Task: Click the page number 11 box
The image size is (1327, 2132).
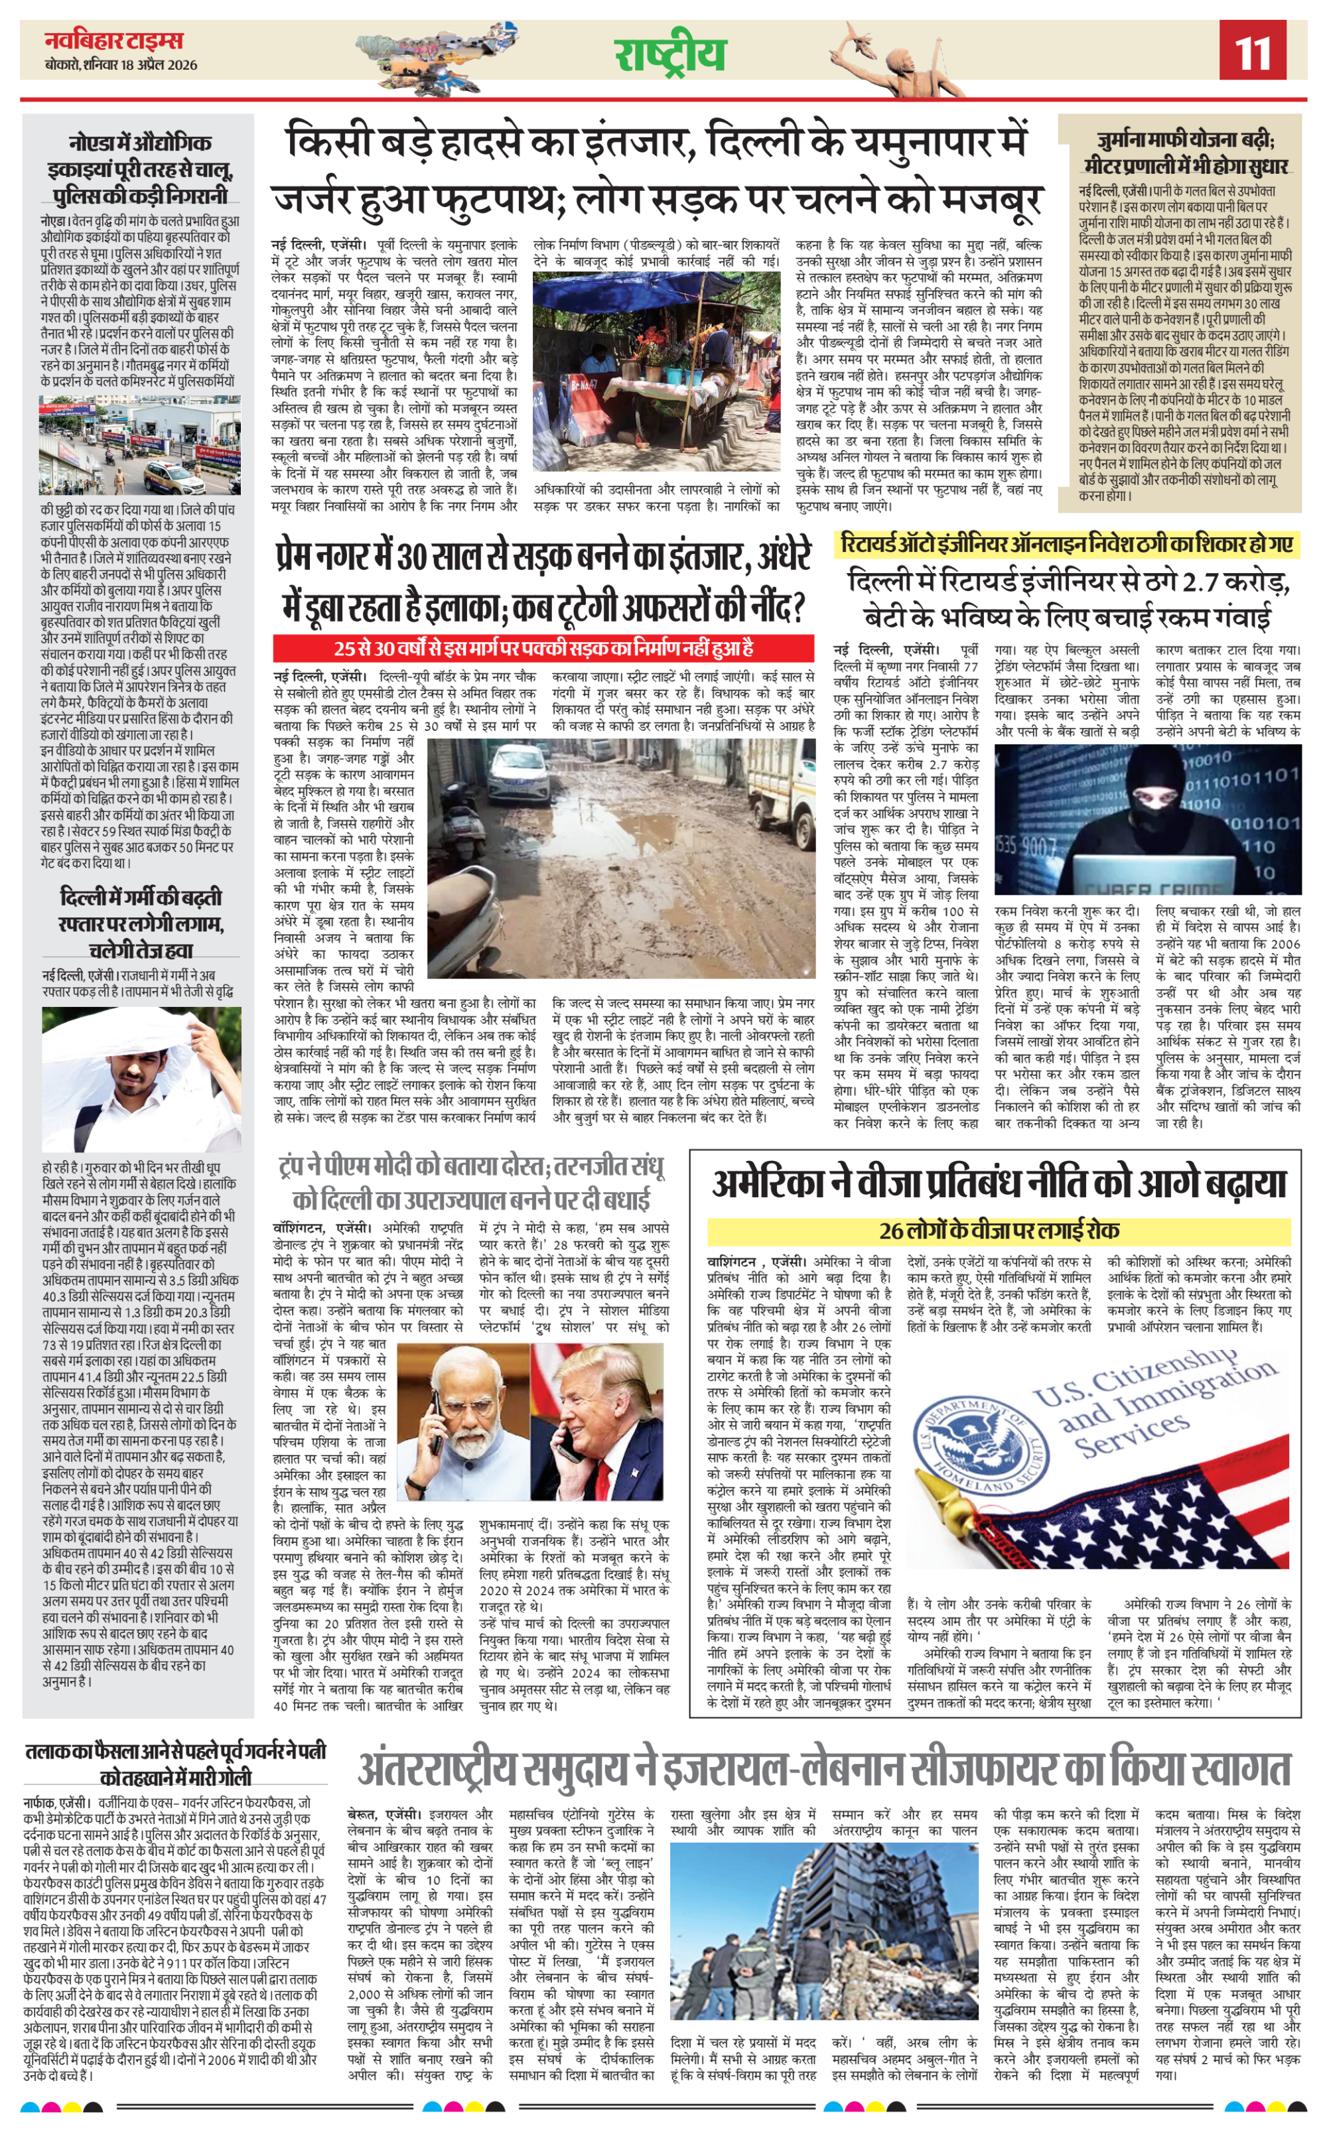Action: click(x=1253, y=51)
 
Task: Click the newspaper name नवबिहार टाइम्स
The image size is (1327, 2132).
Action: click(x=114, y=40)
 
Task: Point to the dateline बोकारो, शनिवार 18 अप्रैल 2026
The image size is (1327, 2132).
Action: click(x=121, y=65)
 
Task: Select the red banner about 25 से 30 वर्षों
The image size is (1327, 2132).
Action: click(x=544, y=648)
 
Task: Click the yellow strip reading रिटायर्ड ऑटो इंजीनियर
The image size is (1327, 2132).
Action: click(x=1066, y=544)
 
